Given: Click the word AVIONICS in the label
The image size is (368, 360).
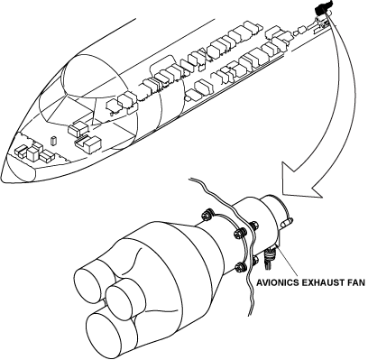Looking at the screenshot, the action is click(277, 283).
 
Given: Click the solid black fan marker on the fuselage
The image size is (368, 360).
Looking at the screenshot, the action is click(323, 7).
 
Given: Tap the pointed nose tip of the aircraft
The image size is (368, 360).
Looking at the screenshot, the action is click(2, 179).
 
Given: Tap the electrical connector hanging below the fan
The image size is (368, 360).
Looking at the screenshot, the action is click(269, 258).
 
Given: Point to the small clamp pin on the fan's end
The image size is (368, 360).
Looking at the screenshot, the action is click(288, 223).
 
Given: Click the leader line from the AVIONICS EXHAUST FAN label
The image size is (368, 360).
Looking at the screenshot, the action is click(288, 262).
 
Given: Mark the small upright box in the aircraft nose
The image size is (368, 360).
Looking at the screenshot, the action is click(54, 141).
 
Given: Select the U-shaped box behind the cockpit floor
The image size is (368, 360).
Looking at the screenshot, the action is click(88, 143).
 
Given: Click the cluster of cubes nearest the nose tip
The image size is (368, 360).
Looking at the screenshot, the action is click(34, 152).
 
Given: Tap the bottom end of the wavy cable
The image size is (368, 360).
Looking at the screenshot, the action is click(249, 315).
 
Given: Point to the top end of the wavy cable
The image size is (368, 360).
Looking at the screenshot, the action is click(189, 180).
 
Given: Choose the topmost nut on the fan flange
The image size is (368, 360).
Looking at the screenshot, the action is click(207, 215).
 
